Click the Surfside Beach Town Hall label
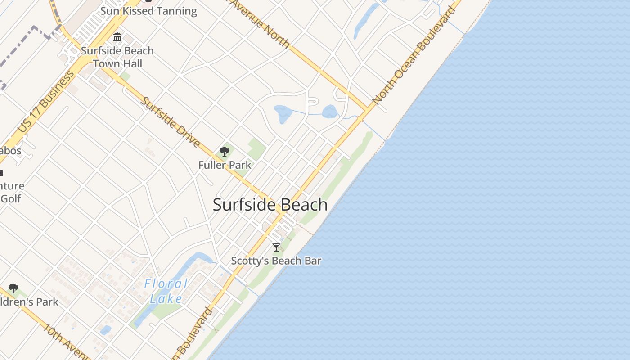click(x=117, y=57)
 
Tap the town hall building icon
click(x=117, y=37)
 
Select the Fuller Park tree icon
click(x=225, y=152)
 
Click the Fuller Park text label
click(x=225, y=165)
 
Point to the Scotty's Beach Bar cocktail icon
click(x=276, y=247)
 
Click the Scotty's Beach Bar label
click(x=276, y=261)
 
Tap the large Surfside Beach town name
click(x=270, y=205)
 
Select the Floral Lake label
click(x=166, y=291)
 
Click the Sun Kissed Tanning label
click(x=148, y=11)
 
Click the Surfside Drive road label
click(x=171, y=122)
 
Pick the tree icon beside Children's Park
click(x=13, y=288)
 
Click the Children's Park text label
click(x=29, y=302)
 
